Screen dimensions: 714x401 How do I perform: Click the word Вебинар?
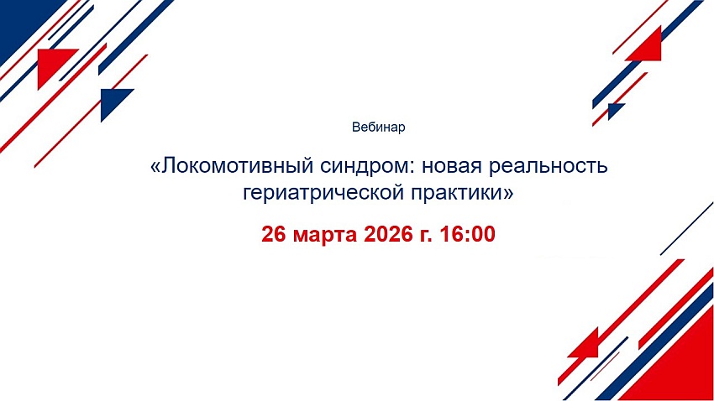(378, 128)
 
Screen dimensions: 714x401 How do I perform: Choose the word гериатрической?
(323, 193)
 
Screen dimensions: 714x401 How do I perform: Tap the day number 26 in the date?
(273, 235)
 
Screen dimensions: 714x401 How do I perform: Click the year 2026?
(386, 235)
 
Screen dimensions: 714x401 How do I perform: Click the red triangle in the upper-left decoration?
(51, 63)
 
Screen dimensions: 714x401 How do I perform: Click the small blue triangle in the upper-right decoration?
(614, 109)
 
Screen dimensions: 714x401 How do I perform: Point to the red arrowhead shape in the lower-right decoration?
(586, 345)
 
